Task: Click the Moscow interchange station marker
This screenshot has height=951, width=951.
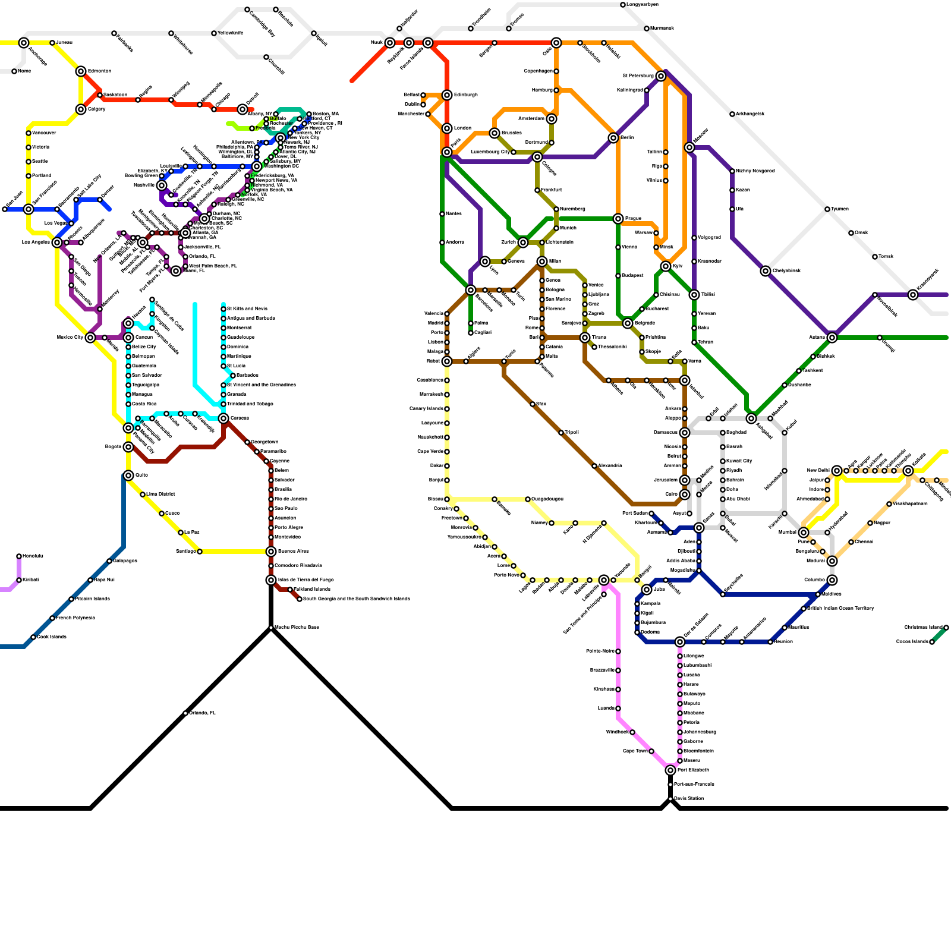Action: pyautogui.click(x=689, y=147)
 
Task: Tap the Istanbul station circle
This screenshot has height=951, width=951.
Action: pyautogui.click(x=685, y=380)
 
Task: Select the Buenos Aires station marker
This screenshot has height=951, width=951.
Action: pyautogui.click(x=271, y=552)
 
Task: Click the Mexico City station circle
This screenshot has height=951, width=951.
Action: pyautogui.click(x=90, y=338)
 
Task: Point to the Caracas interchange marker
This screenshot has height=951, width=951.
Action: pyautogui.click(x=223, y=418)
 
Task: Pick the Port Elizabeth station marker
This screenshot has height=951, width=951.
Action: pyautogui.click(x=670, y=770)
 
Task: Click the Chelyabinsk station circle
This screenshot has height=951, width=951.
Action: pyautogui.click(x=766, y=271)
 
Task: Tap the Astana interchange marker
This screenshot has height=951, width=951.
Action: pyautogui.click(x=832, y=338)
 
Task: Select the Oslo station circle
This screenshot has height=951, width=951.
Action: pyautogui.click(x=556, y=43)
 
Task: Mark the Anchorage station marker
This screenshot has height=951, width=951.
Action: pyautogui.click(x=24, y=43)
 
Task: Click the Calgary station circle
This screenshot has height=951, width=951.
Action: pyautogui.click(x=81, y=109)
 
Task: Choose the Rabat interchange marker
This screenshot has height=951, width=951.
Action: pyautogui.click(x=447, y=361)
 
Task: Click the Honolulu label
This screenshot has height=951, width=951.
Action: pyautogui.click(x=33, y=556)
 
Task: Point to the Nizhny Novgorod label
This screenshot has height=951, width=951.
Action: pyautogui.click(x=755, y=171)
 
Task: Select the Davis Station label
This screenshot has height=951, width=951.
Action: pyautogui.click(x=689, y=798)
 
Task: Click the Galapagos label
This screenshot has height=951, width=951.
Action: pyautogui.click(x=125, y=560)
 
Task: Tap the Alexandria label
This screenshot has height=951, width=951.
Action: pyautogui.click(x=610, y=465)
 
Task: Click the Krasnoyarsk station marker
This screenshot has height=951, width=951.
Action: pyautogui.click(x=913, y=295)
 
